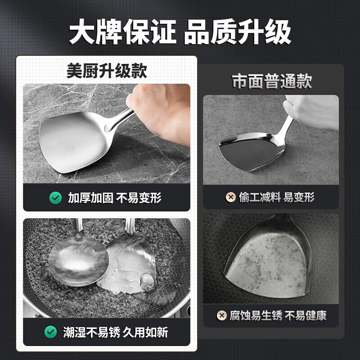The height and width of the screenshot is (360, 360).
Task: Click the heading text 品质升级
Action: (x=238, y=31)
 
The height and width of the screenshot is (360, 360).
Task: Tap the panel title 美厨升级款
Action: (x=107, y=71)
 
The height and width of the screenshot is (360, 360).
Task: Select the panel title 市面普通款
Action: (x=272, y=82)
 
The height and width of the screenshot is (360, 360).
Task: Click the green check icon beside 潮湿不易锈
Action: (x=50, y=332)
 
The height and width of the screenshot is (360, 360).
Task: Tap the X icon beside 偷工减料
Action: (x=230, y=197)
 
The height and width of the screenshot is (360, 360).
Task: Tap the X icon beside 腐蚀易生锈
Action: (x=221, y=315)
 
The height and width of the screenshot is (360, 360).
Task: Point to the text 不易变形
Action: (x=139, y=198)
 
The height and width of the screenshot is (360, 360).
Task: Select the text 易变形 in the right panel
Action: (x=299, y=197)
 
